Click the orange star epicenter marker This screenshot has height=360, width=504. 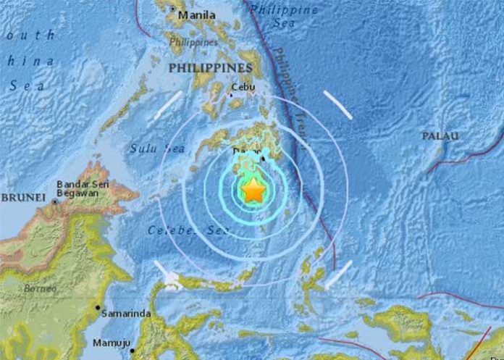click(x=253, y=191)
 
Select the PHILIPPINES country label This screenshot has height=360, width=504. click(x=210, y=67)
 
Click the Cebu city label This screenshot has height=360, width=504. click(x=243, y=88)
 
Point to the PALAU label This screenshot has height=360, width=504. click(x=440, y=136)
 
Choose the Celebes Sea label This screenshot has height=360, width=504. click(x=188, y=230)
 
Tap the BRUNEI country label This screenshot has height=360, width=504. click(x=24, y=197)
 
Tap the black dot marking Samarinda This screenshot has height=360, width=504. click(x=98, y=308)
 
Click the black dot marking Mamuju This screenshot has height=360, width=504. click(x=132, y=351)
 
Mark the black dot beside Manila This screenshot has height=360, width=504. click(x=172, y=9)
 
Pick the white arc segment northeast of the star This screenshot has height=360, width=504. click(x=337, y=105)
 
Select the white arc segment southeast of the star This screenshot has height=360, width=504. click(x=338, y=275)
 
